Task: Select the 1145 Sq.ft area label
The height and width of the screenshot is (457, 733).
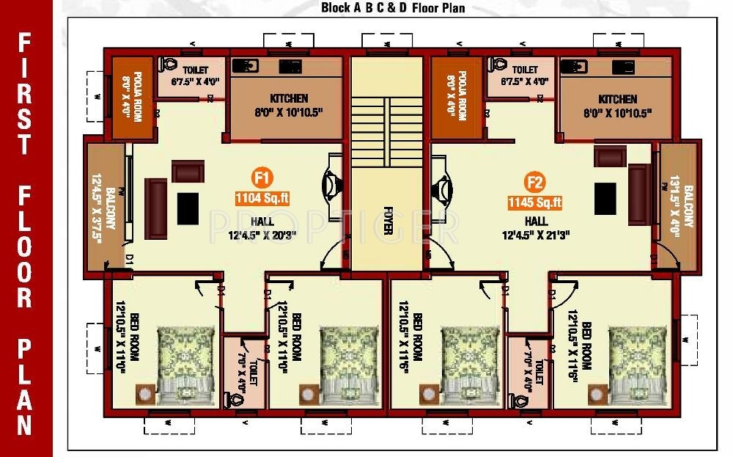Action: click(x=534, y=202)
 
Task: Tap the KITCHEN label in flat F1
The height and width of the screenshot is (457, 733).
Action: click(x=289, y=98)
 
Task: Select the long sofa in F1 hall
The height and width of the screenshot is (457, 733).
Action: click(x=155, y=208)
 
